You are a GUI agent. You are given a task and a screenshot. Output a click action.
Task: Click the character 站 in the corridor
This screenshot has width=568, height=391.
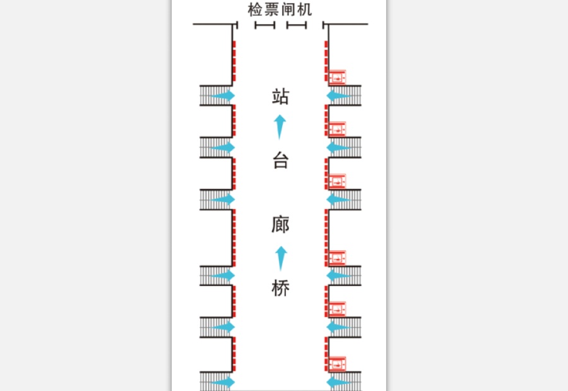point(281,97)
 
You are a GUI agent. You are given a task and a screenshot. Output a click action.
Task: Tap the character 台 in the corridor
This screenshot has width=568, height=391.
point(281,160)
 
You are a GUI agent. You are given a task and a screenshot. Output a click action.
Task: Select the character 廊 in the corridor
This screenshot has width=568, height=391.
point(281,224)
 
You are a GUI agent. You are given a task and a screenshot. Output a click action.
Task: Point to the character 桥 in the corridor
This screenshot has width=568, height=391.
point(281,288)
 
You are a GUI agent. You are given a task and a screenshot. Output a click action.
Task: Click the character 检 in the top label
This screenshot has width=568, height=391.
point(255,10)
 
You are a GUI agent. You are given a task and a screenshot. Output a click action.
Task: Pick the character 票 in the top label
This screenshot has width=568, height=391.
point(271,10)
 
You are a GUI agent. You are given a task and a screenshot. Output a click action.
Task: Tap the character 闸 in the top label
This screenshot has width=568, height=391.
point(288,10)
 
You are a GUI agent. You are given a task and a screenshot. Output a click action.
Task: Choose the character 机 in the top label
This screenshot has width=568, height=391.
point(305,10)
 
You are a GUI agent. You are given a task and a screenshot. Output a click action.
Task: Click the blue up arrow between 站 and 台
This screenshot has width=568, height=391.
point(280,127)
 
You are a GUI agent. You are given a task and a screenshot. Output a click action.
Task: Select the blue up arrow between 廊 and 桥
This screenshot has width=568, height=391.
point(281,258)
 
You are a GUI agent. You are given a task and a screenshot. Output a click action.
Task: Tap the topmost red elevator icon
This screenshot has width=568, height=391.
point(337,77)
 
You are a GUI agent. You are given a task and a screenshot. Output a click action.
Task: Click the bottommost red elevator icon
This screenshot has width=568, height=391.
point(337,364)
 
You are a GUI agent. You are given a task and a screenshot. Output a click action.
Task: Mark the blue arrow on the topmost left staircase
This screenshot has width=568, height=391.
point(222,96)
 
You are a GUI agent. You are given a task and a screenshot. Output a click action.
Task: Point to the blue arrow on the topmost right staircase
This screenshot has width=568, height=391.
point(339,96)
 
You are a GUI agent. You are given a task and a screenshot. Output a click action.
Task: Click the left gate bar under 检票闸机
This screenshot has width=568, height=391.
point(265,25)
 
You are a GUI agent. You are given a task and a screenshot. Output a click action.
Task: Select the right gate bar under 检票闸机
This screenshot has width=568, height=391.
point(297,25)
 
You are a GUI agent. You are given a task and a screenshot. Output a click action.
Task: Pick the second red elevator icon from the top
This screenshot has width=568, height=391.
point(337,129)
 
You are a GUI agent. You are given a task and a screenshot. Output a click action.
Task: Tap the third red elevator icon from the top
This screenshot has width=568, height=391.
point(337,181)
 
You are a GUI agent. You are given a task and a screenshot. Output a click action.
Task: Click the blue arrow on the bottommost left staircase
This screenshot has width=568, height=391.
point(222,382)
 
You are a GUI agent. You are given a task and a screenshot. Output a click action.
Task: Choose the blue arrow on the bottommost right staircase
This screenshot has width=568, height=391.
point(339,382)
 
